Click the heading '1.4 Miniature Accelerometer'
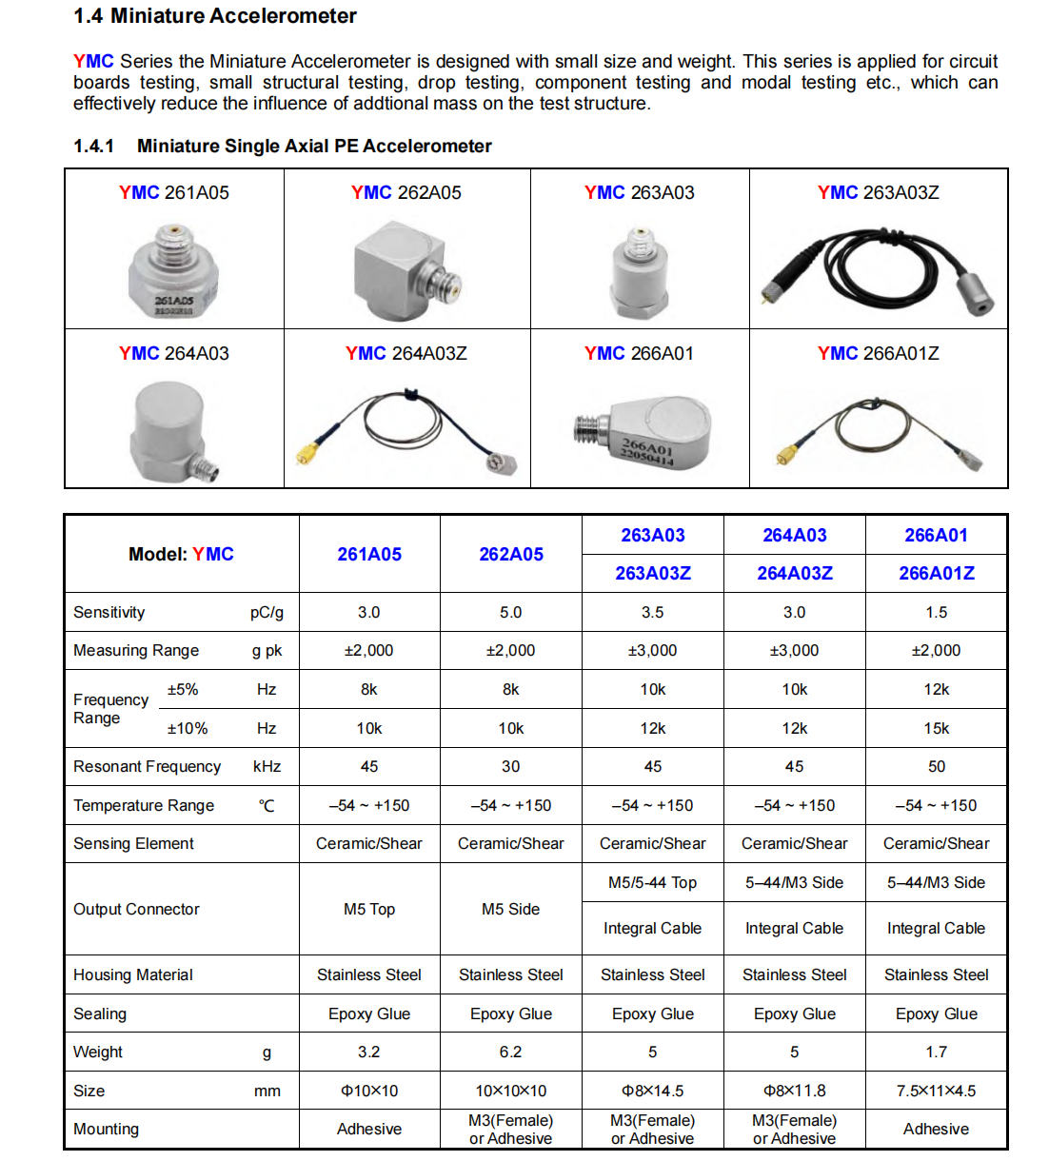point(215,16)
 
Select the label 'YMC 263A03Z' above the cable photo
point(878,192)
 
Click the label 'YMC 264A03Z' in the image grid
point(406,353)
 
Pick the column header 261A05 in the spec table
point(369,554)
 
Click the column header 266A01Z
point(937,573)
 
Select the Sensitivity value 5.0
point(510,612)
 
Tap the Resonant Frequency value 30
point(510,766)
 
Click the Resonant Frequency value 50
point(937,766)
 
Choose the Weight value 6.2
point(510,1052)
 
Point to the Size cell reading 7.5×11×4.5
point(937,1091)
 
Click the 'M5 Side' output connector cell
point(510,909)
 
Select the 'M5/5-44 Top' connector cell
point(652,882)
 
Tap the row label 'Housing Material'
point(133,974)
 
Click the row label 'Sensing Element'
point(133,843)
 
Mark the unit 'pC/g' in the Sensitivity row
point(267,612)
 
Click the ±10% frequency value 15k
point(937,728)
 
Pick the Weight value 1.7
point(937,1052)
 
